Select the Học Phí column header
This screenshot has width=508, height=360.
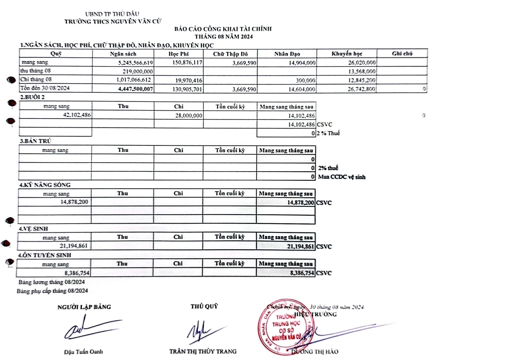point(178,54)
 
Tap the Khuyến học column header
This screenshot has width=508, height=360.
point(347,54)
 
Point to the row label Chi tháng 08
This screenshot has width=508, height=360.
point(36,79)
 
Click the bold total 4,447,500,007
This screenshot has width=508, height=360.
point(136,89)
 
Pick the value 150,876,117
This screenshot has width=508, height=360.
point(187,63)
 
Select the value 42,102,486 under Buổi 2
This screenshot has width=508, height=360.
point(77,115)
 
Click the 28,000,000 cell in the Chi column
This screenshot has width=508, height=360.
point(189,116)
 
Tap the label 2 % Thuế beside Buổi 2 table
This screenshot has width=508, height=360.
point(328,133)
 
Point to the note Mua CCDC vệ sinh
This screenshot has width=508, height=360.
point(342,177)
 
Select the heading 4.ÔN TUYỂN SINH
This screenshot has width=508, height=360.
point(44,255)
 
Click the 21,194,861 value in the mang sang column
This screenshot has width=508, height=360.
point(74,246)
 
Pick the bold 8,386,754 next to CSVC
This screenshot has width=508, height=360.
point(302,273)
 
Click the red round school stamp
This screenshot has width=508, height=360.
point(285,327)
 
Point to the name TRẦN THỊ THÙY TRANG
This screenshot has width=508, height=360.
point(203,352)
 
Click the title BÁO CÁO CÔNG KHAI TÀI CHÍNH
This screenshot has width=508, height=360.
point(223,29)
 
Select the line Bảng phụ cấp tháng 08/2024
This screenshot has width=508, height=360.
point(52,291)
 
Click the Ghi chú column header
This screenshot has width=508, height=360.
point(402,53)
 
